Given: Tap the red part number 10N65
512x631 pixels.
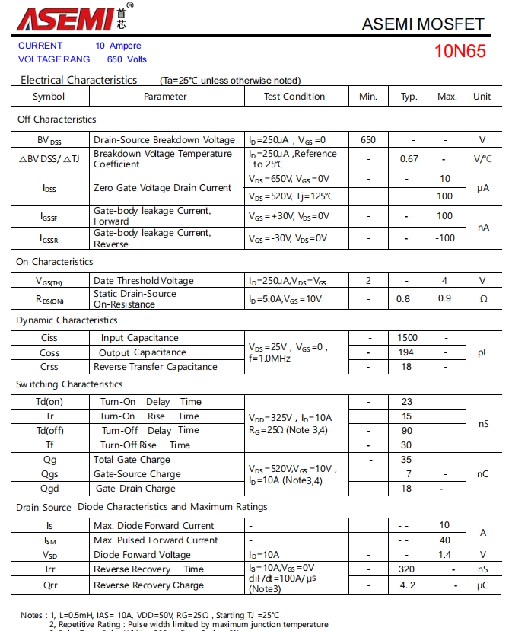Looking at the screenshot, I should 460,52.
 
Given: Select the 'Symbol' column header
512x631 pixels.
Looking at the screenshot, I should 49,97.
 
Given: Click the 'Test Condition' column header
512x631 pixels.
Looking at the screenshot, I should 294,97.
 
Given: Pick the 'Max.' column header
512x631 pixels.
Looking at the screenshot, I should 447,97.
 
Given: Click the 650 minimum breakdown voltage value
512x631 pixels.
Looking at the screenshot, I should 368,140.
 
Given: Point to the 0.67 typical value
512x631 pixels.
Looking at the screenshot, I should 409,159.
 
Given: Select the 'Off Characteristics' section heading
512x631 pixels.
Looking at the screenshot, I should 57,120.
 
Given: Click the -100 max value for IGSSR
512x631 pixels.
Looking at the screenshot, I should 445,238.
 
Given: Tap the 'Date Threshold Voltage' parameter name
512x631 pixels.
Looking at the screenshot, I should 144,281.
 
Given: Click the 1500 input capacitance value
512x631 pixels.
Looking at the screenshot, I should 407,338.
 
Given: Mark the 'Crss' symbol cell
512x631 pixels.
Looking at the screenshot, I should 49,367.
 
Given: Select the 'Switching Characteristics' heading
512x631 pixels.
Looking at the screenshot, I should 69,384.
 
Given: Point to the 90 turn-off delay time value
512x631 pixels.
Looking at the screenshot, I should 406,431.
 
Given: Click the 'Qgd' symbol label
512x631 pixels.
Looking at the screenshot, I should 49,489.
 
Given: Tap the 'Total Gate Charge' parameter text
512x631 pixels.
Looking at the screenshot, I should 132,460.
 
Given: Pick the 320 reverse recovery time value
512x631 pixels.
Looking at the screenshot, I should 406,569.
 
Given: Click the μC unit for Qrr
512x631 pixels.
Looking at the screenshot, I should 482,585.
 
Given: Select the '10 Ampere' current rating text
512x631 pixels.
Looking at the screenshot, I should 118,46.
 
